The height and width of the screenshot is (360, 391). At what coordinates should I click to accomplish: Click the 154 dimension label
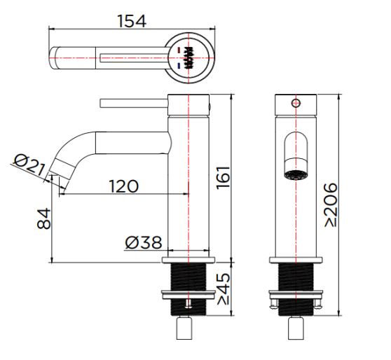pos(132,21)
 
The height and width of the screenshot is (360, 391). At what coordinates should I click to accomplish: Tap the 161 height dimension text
pos(224,177)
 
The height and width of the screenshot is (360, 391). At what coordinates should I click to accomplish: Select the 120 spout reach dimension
pos(124,186)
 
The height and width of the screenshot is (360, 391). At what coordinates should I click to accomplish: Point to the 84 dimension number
pos(44,219)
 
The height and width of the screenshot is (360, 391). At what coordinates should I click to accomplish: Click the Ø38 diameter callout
pos(144,242)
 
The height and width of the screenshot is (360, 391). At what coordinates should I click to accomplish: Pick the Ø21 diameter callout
pos(29,165)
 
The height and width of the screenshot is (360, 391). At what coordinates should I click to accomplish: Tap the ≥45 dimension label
pos(224,289)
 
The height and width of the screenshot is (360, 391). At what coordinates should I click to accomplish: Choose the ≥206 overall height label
pos(331,205)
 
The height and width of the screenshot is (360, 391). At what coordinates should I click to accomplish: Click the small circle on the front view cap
pos(296,103)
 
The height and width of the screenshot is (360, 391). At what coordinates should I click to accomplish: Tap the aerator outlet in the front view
pos(296,175)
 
